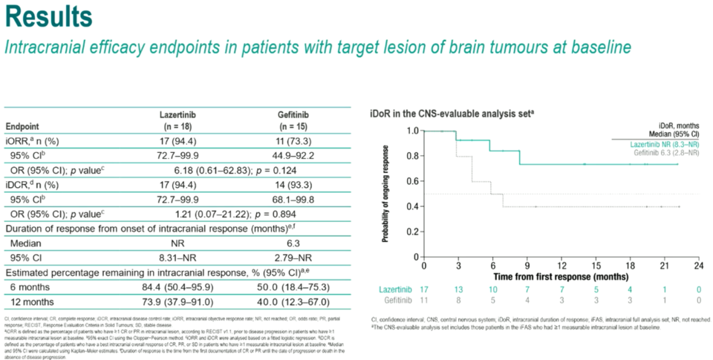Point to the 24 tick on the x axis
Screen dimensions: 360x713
(698, 265)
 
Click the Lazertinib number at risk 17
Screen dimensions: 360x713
(423, 289)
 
